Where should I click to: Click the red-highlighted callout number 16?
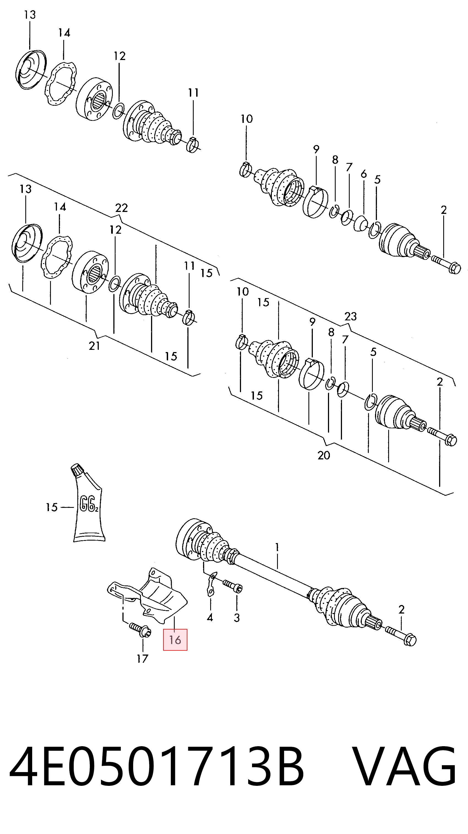(175, 640)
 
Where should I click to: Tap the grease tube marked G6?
(88, 503)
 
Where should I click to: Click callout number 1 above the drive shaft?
(277, 547)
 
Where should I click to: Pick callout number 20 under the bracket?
(324, 455)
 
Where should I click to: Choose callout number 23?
(351, 316)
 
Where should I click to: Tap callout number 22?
(121, 208)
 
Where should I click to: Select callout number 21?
(94, 346)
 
